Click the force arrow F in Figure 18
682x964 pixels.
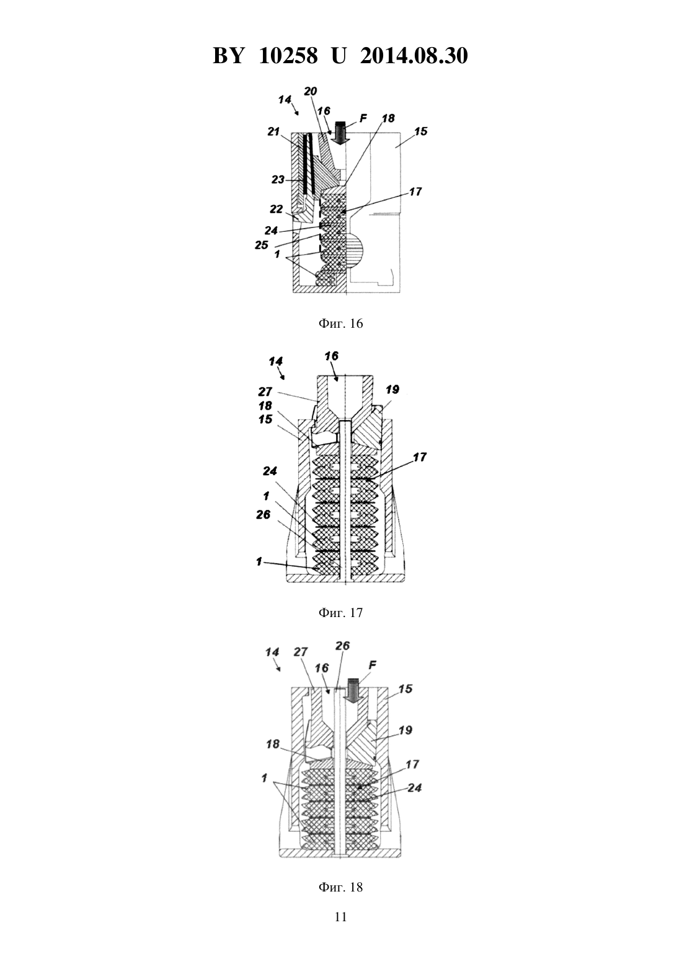click(353, 691)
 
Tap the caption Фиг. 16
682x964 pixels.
click(340, 323)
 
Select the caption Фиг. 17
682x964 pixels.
click(340, 612)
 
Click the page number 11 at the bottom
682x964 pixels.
click(340, 917)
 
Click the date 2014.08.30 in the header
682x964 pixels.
click(414, 56)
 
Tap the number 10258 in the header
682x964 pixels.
click(288, 56)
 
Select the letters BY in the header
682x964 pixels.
click(228, 56)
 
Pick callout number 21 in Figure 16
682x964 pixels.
click(273, 131)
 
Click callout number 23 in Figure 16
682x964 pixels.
click(278, 178)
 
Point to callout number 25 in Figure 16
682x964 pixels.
click(262, 245)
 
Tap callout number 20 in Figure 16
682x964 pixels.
click(310, 91)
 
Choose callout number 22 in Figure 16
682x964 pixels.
click(276, 209)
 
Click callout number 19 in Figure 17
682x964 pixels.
click(392, 390)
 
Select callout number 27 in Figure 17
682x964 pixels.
click(265, 391)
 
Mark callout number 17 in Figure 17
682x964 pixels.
click(420, 457)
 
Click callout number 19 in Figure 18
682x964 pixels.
click(405, 730)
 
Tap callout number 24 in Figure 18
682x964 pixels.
click(415, 787)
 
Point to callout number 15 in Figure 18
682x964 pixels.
click(405, 689)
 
